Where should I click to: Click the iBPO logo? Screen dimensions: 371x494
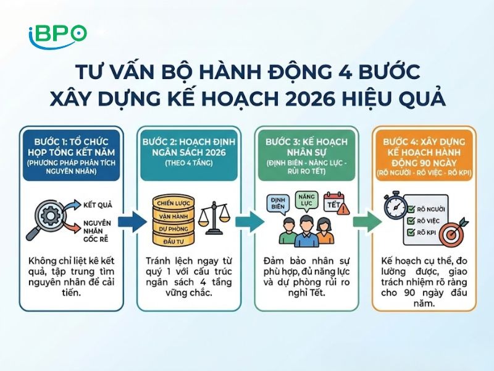[57, 33]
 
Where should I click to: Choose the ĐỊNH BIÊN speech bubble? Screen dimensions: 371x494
[277, 203]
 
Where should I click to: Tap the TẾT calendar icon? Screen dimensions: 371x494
[334, 202]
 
